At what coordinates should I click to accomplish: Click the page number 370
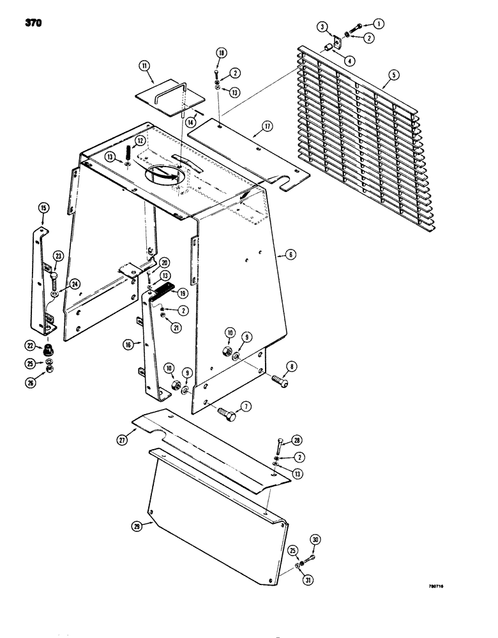click(x=34, y=24)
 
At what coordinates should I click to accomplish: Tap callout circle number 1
click(x=379, y=24)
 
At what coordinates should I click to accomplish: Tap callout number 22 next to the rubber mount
click(x=29, y=345)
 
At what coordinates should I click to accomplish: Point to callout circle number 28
click(x=296, y=440)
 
